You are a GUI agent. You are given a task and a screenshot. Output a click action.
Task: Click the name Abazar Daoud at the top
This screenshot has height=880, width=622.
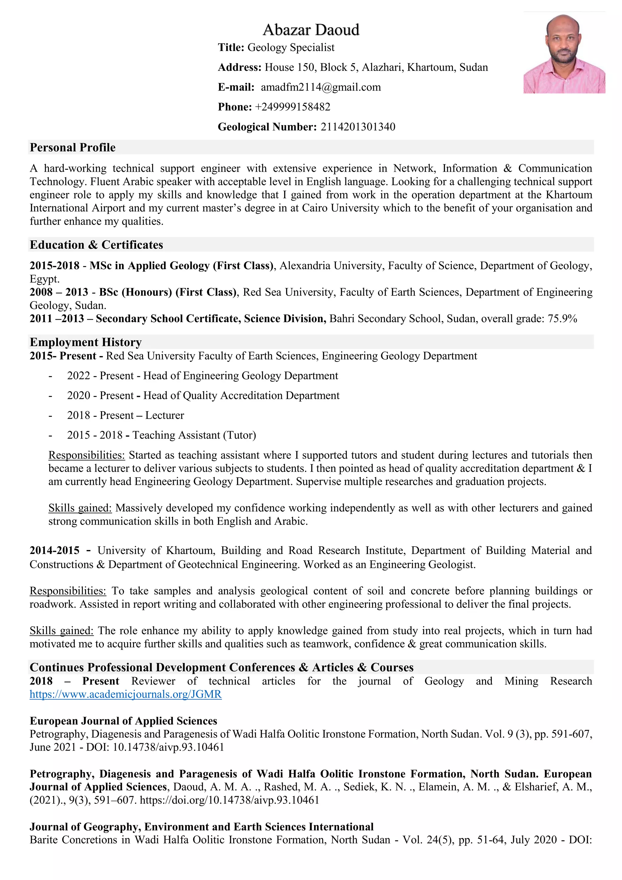[311, 30]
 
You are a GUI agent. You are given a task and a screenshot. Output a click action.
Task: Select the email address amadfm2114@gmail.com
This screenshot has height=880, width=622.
[321, 88]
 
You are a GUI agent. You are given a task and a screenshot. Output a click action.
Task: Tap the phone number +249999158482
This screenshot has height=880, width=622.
[292, 107]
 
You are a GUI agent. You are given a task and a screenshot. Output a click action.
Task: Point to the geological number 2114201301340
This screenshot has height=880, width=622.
[358, 127]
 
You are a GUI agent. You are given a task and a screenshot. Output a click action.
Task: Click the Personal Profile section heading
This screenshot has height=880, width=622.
[73, 148]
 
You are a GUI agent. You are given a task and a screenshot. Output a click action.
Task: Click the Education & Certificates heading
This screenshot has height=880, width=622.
[97, 245]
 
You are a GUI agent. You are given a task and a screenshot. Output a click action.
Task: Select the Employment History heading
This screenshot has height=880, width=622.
[86, 342]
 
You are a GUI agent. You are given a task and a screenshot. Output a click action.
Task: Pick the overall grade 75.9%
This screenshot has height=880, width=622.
[562, 319]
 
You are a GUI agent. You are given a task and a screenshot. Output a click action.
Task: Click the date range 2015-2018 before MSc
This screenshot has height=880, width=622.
[54, 266]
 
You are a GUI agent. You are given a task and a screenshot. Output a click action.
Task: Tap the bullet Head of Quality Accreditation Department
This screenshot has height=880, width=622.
[241, 396]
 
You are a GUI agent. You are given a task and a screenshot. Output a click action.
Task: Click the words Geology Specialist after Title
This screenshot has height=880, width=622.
[291, 47]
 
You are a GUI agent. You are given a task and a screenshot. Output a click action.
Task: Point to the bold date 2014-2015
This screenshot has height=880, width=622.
[54, 551]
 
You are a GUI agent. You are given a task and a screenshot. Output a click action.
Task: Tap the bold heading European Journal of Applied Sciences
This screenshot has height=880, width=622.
[123, 721]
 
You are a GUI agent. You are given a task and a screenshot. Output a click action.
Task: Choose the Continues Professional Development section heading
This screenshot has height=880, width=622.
[221, 667]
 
